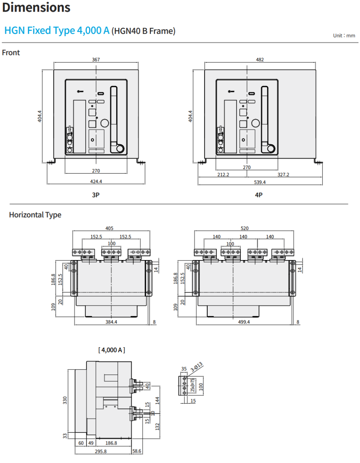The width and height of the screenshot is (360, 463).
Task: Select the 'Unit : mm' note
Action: [x=344, y=35]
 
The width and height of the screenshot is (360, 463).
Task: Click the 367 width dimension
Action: [x=96, y=59]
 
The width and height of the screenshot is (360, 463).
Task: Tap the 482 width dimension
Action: [x=260, y=59]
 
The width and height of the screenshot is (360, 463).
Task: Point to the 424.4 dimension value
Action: [x=96, y=181]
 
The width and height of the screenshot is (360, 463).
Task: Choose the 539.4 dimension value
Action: [x=260, y=182]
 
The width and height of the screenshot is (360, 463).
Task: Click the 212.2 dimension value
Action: [x=223, y=175]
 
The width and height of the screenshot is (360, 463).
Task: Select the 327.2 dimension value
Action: [x=283, y=175]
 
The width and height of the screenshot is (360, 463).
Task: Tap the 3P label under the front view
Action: [x=96, y=195]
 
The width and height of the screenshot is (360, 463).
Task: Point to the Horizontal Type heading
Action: [x=35, y=215]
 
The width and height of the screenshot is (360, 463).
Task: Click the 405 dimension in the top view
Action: [x=110, y=228]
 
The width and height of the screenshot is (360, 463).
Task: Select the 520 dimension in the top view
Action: [x=244, y=228]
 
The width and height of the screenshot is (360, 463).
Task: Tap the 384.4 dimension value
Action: [x=111, y=322]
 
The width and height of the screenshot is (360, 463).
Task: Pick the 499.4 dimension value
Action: [x=244, y=322]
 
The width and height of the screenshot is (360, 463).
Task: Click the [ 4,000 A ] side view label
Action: [x=112, y=350]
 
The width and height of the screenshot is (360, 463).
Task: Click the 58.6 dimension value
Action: [x=137, y=451]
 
